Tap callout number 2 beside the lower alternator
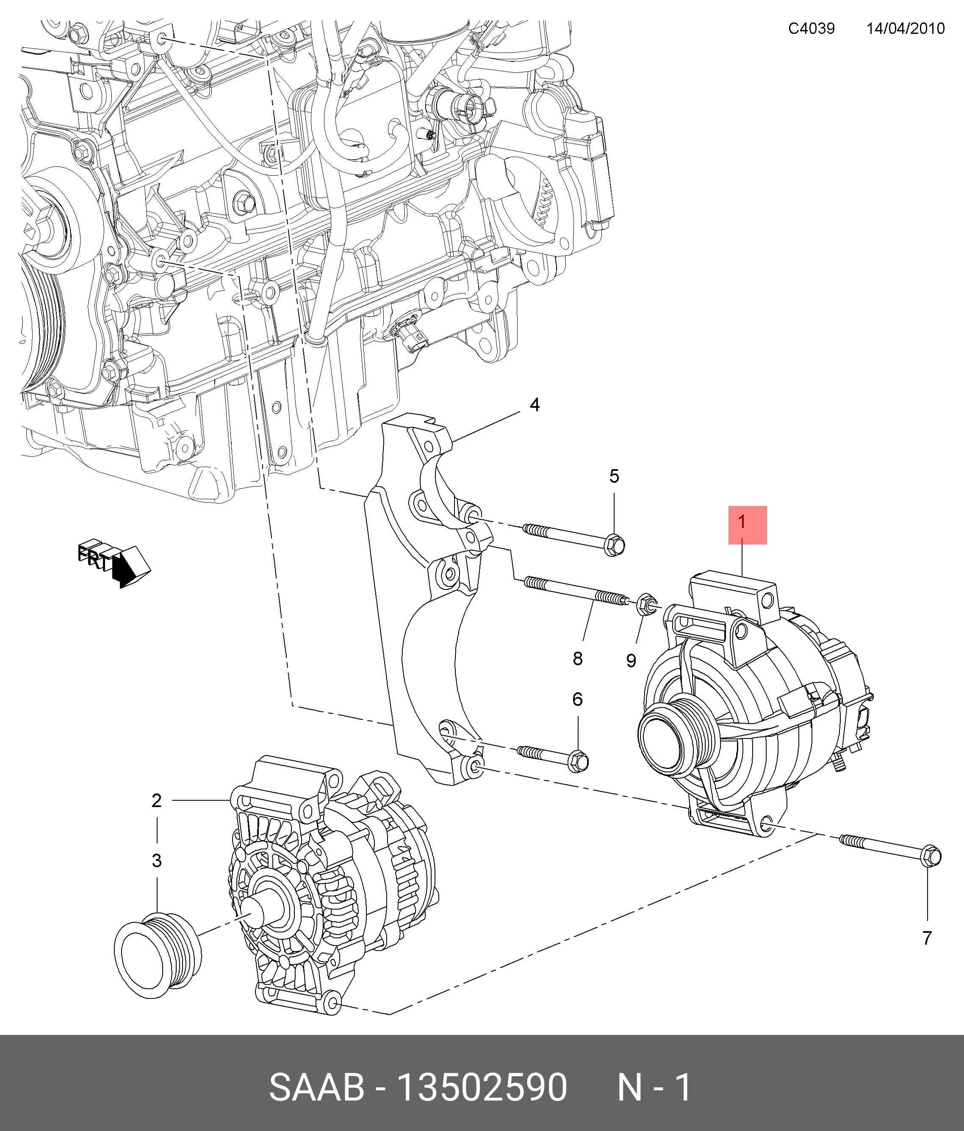(x=157, y=801)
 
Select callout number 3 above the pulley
(x=157, y=861)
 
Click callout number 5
(x=614, y=476)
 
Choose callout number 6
(x=578, y=699)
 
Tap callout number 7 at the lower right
(x=926, y=938)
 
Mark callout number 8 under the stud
(x=578, y=658)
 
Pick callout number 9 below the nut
(x=631, y=661)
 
